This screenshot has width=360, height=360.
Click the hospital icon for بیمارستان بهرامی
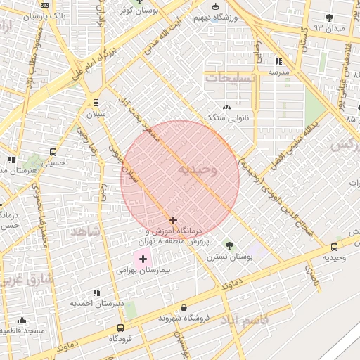click(x=143, y=259)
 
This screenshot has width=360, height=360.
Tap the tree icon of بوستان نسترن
click(x=229, y=245)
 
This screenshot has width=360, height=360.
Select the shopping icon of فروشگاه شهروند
click(x=184, y=307)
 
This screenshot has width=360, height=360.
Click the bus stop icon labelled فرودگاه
click(x=121, y=328)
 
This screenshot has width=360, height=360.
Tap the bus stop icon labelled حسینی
click(x=53, y=152)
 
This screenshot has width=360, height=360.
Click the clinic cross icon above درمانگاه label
click(x=173, y=220)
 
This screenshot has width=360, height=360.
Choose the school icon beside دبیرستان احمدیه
click(x=96, y=292)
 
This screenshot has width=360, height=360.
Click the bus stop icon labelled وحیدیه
click(x=334, y=247)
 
